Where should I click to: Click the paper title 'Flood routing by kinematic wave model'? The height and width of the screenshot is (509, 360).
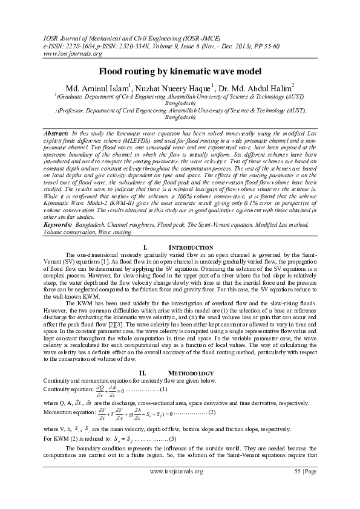(180, 71)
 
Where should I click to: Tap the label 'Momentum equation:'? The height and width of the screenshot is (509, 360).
(66, 413)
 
